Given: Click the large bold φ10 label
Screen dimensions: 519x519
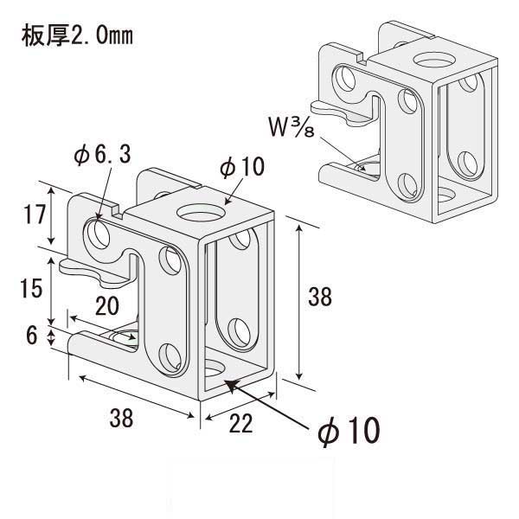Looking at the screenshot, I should click(x=346, y=430).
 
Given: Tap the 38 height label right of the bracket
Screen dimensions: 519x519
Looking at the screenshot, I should click(x=319, y=298).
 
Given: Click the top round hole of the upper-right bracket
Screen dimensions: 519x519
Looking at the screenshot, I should click(x=430, y=61).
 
